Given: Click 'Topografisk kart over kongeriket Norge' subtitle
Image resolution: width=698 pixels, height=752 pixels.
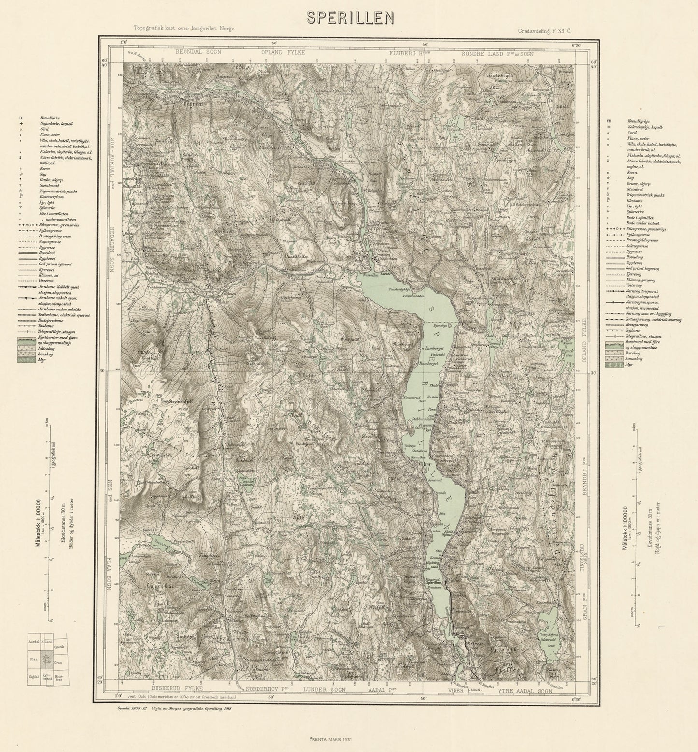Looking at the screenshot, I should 178,29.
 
